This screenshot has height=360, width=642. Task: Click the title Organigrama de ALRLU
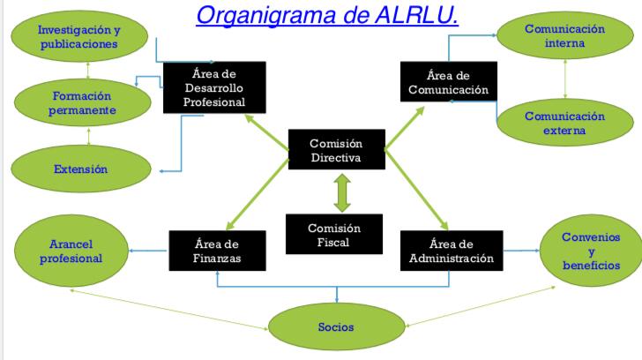pyautogui.click(x=326, y=15)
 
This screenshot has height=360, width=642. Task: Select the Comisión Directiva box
pyautogui.click(x=337, y=149)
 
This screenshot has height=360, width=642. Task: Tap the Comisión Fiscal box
pyautogui.click(x=334, y=235)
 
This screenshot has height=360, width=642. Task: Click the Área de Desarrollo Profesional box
pyautogui.click(x=214, y=87)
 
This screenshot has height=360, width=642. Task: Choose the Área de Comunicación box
pyautogui.click(x=449, y=81)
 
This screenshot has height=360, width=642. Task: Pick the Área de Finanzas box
pyautogui.click(x=218, y=251)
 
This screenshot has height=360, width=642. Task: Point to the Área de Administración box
pyautogui.click(x=452, y=251)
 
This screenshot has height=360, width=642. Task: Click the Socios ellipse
pyautogui.click(x=337, y=326)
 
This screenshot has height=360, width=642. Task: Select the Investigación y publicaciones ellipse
pyautogui.click(x=79, y=36)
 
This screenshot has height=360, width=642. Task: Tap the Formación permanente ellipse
pyautogui.click(x=83, y=103)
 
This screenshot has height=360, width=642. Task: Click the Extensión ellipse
pyautogui.click(x=81, y=169)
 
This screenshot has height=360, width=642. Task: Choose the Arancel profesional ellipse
pyautogui.click(x=71, y=251)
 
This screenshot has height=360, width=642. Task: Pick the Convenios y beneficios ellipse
pyautogui.click(x=591, y=251)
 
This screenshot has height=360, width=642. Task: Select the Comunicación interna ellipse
pyautogui.click(x=565, y=35)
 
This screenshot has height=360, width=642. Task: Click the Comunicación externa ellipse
pyautogui.click(x=565, y=123)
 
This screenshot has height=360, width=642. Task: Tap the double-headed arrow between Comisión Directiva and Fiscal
pyautogui.click(x=342, y=193)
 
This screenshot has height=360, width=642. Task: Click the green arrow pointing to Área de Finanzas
pyautogui.click(x=258, y=195)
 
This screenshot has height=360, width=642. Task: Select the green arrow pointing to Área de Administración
pyautogui.click(x=416, y=190)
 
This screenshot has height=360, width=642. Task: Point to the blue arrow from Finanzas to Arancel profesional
pyautogui.click(x=148, y=251)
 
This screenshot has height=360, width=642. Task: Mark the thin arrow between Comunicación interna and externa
pyautogui.click(x=565, y=79)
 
